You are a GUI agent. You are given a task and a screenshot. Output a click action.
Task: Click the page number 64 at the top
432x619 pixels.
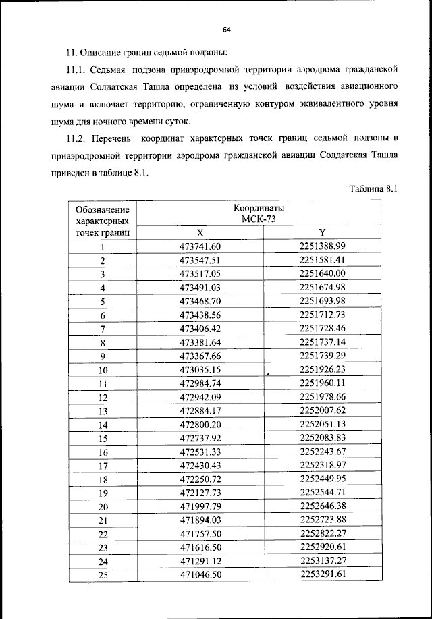click(227, 30)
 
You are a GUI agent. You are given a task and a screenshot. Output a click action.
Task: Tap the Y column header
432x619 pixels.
click(322, 231)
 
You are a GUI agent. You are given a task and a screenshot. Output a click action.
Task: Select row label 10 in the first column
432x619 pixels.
click(103, 370)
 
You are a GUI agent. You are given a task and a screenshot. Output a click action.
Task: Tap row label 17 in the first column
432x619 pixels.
click(103, 466)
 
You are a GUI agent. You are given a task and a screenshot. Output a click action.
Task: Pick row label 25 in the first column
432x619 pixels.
click(103, 576)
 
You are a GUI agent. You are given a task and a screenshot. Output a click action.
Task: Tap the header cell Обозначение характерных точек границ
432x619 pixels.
click(103, 220)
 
